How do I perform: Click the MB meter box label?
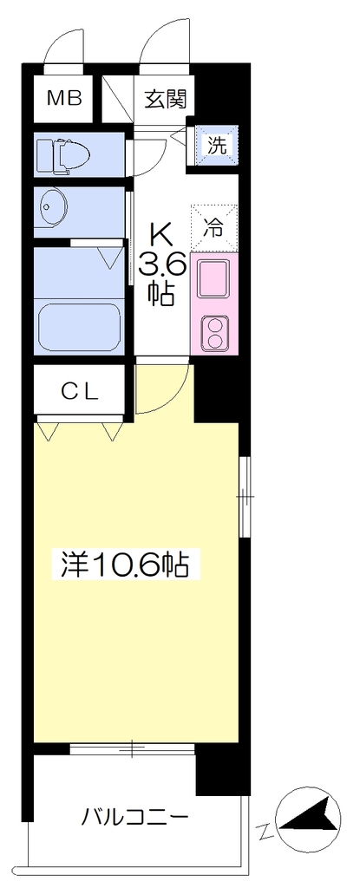pos(65,99)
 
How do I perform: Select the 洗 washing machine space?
pos(216,146)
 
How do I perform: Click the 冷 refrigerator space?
pos(214,228)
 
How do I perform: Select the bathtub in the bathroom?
pos(79,327)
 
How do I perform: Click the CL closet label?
pos(80,390)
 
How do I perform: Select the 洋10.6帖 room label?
pos(120,564)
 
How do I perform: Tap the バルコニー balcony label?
pos(134,817)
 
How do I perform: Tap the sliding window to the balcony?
pos(132,749)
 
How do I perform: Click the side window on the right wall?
pos(245,496)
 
